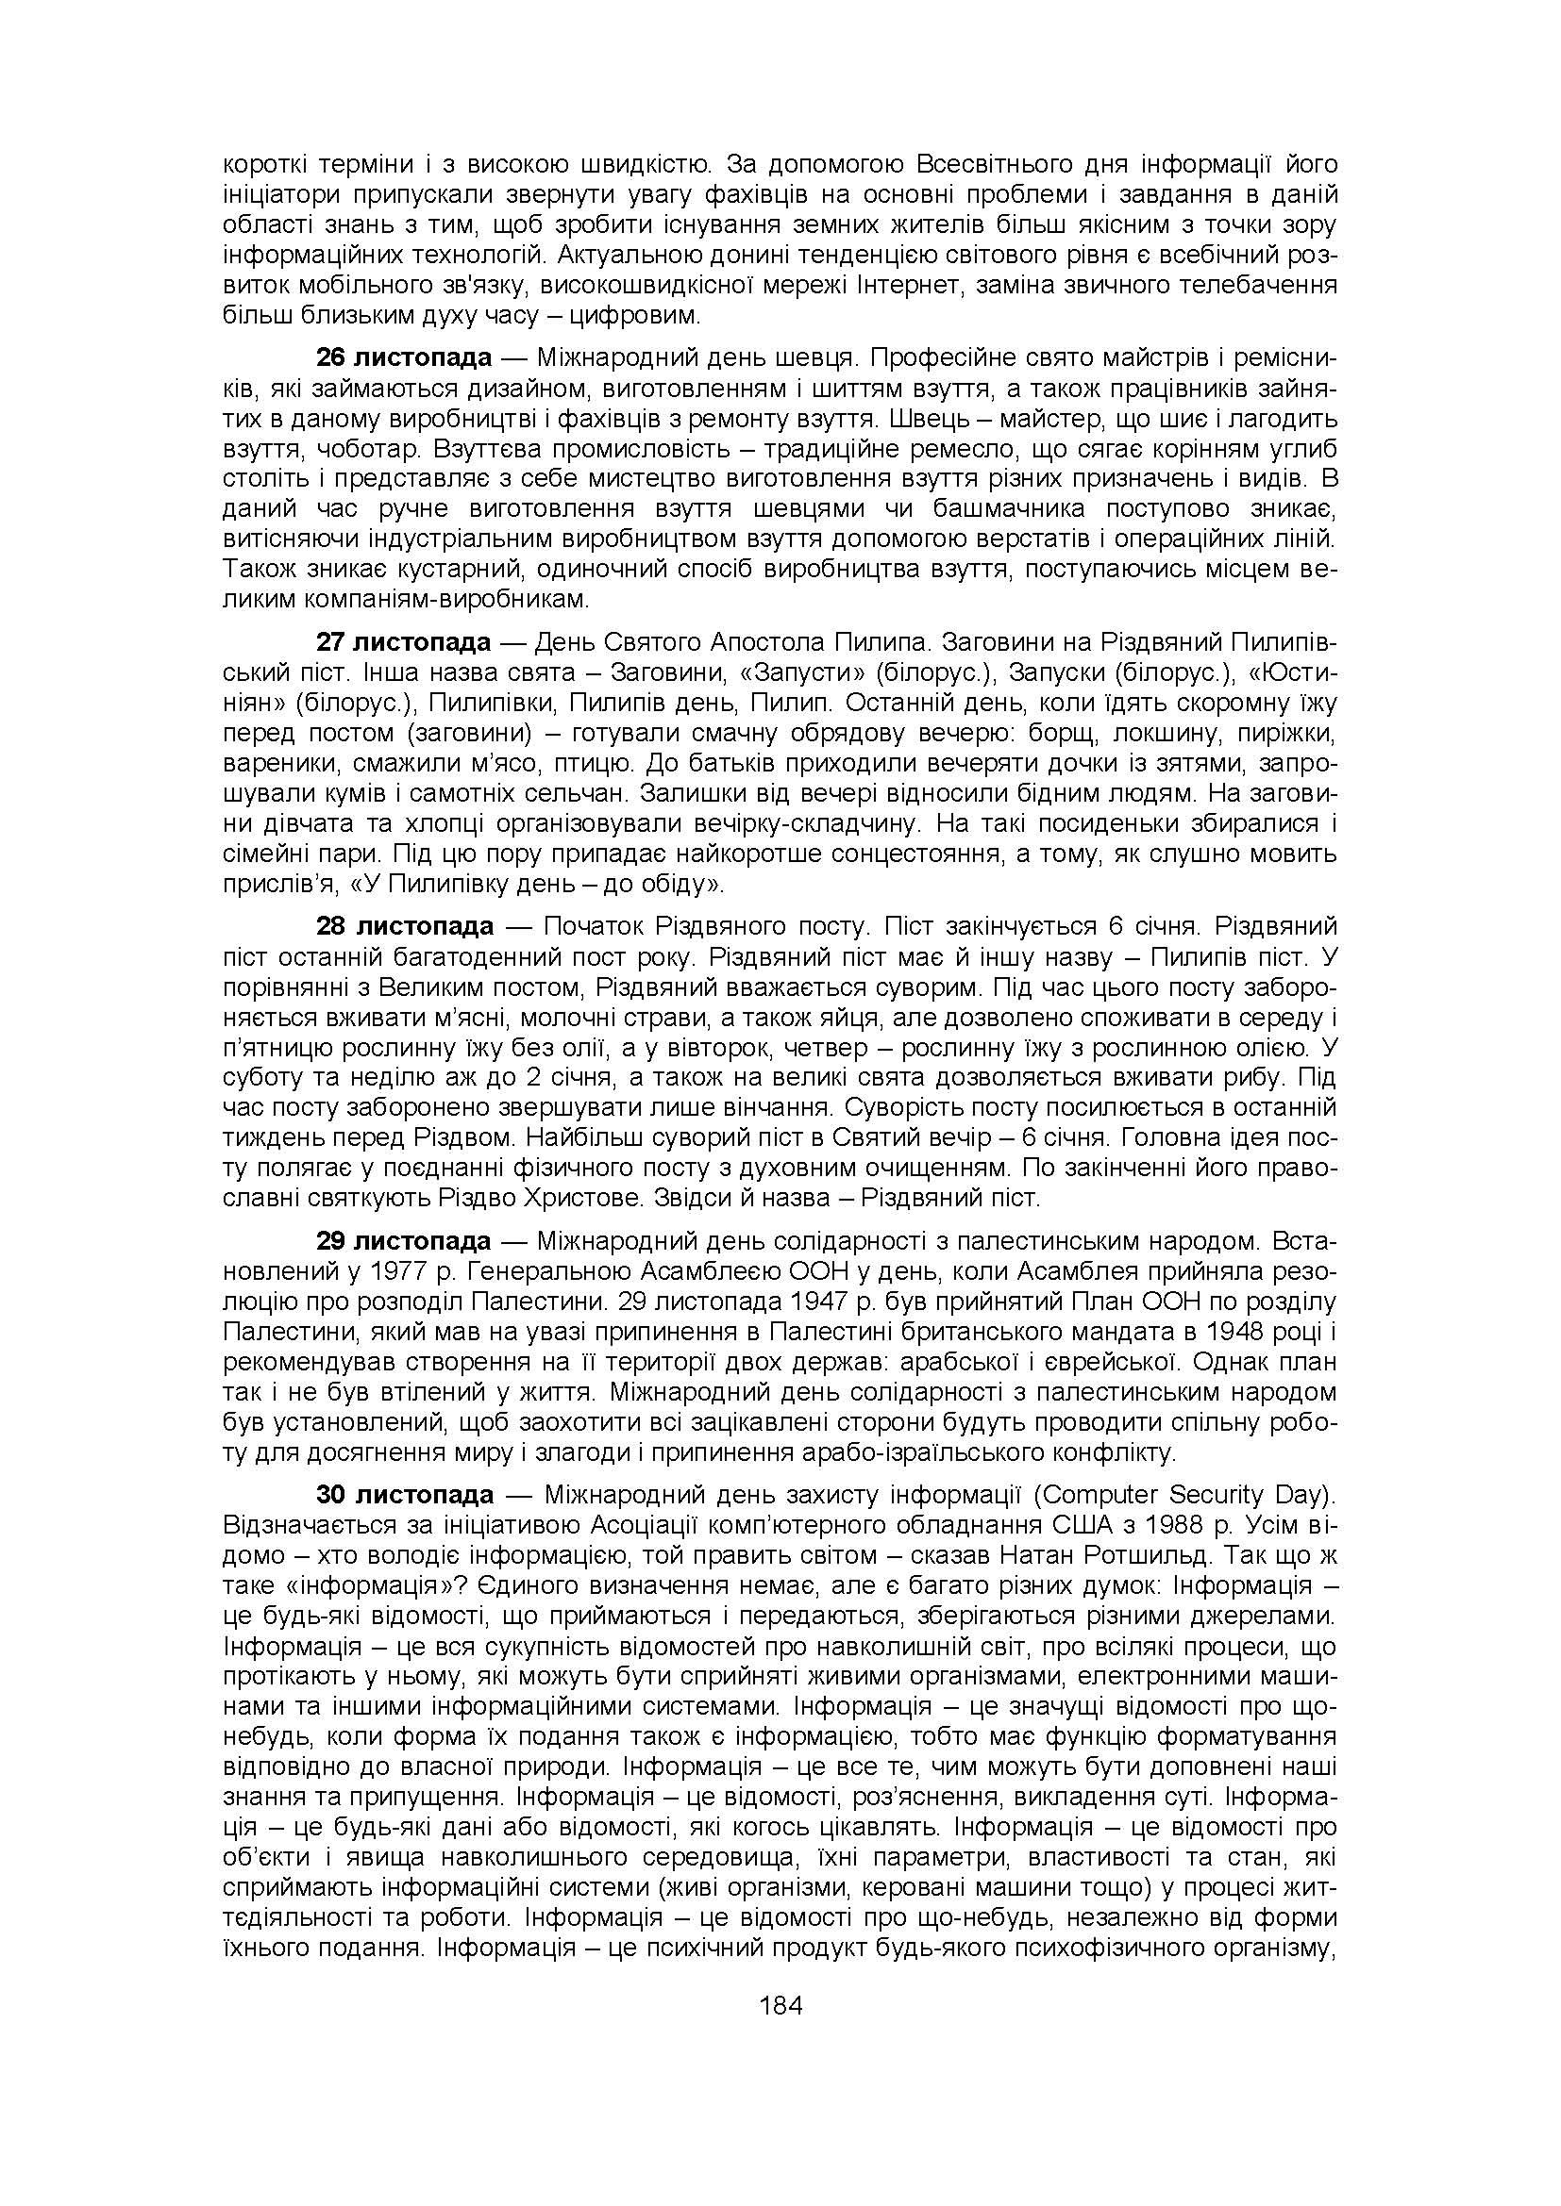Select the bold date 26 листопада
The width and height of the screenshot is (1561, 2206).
(404, 358)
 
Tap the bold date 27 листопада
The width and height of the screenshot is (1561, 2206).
(404, 642)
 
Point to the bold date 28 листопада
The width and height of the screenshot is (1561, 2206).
(405, 926)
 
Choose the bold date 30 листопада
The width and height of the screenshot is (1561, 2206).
(405, 1495)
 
